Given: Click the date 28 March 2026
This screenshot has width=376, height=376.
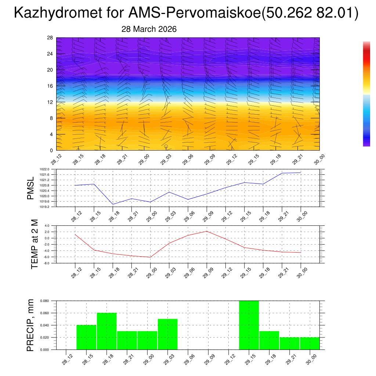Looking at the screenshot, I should tap(149, 29).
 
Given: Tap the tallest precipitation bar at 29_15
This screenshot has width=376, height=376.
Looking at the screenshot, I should tap(249, 325).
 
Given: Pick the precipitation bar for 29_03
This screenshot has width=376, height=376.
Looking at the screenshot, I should tap(167, 334).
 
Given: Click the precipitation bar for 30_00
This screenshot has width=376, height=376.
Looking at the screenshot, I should tap(310, 343).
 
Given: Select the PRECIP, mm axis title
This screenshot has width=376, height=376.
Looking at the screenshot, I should tap(31, 325).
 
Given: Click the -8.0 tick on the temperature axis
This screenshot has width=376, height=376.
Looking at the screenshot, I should tap(47, 263).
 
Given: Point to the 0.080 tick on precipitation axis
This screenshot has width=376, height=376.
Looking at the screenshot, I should tap(45, 301).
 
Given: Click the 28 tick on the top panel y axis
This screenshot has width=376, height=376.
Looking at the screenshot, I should tap(50, 38).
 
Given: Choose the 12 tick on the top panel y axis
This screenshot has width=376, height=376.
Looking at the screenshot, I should tap(50, 102).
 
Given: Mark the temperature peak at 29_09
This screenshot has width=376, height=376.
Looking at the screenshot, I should tap(207, 231).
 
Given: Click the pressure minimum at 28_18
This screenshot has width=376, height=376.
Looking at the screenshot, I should tap(113, 204).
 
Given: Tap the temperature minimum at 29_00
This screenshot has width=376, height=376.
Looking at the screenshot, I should tap(150, 257).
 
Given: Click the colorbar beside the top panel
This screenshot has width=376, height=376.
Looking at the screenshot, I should tap(366, 94).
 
